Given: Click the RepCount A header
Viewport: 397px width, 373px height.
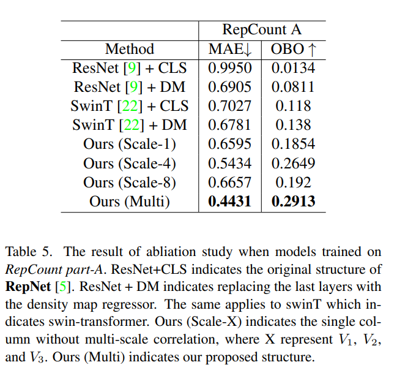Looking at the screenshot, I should click(x=262, y=29).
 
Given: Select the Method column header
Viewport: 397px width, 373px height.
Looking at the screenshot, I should click(x=129, y=49).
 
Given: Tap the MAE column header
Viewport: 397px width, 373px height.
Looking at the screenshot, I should click(x=229, y=49).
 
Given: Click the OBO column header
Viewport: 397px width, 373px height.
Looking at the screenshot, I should click(x=293, y=49).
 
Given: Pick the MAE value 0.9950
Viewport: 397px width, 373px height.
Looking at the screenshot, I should click(x=229, y=68).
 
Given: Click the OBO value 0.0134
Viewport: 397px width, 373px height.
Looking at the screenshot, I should click(x=293, y=68).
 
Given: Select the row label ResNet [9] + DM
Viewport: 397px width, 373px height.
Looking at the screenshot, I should click(x=129, y=87).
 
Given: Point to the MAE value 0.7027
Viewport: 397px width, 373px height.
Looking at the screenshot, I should click(x=229, y=106).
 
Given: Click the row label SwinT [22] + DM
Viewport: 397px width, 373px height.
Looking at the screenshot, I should click(x=129, y=125).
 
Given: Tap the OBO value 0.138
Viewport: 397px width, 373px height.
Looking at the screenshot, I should click(x=293, y=125).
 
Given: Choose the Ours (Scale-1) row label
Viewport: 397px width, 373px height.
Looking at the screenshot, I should click(x=129, y=145).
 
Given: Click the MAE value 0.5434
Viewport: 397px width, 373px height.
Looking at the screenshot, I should click(x=229, y=164).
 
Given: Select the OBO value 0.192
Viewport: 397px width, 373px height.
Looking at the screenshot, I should click(x=293, y=183).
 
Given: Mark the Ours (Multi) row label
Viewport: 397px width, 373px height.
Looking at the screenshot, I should click(x=129, y=202).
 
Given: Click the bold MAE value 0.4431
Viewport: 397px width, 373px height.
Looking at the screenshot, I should click(x=229, y=202).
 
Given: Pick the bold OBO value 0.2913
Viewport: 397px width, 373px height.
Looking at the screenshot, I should click(x=293, y=202).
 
